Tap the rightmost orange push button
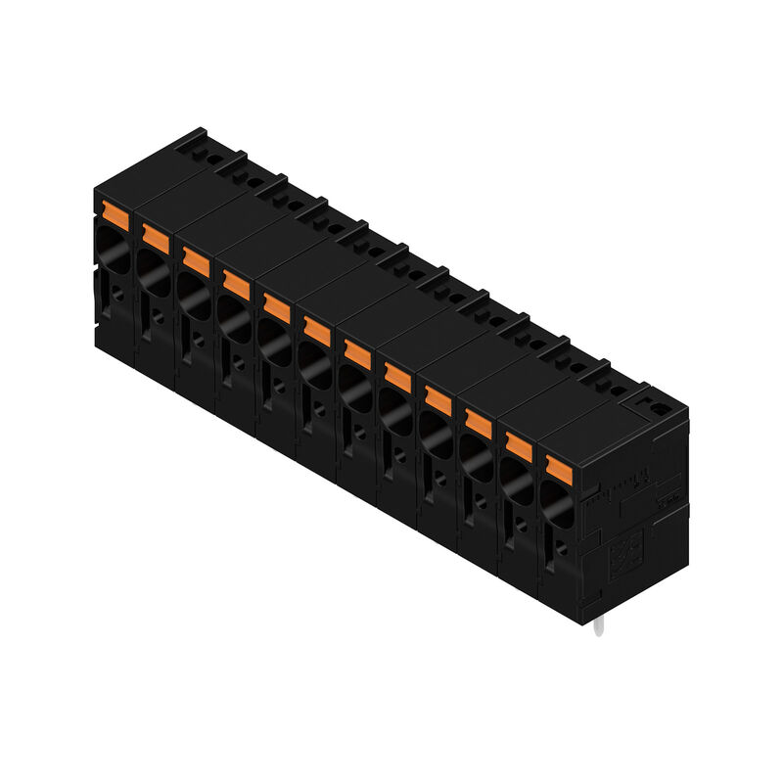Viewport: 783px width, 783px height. (558, 468)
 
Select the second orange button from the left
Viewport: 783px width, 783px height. (156, 236)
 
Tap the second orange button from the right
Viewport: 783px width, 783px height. (518, 445)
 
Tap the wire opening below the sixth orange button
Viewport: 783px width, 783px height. (313, 362)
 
